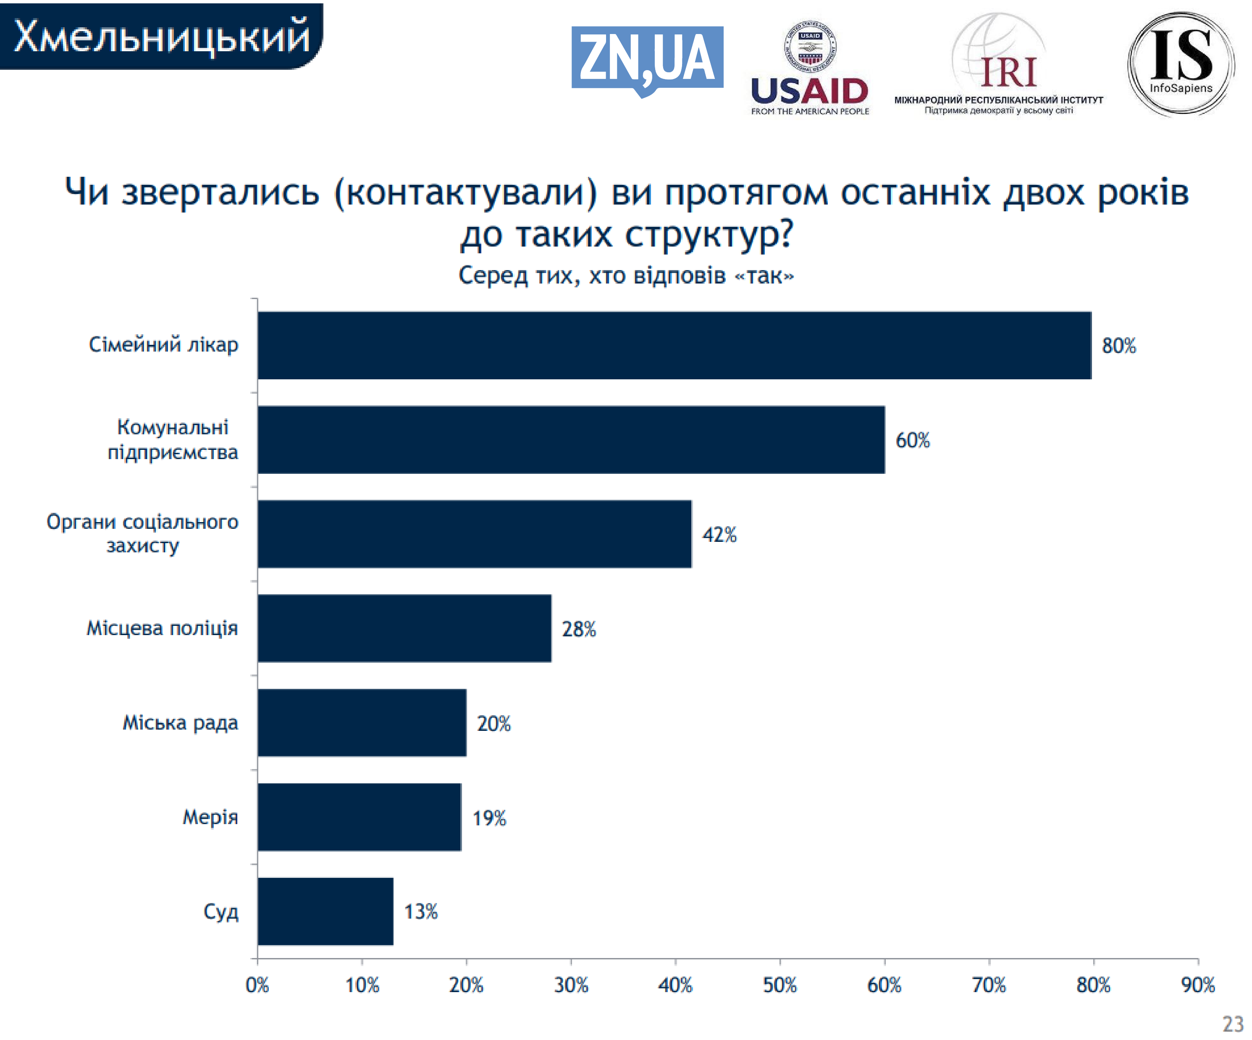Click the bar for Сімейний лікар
pos(674,345)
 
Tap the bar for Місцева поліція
pos(404,628)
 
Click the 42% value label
pos(719,534)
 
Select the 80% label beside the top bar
pos(1118,345)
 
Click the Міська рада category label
pos(180,723)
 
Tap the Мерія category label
pos(210,817)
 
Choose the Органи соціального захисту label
pos(142,533)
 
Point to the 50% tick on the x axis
pos(780,985)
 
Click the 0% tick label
pos(257,985)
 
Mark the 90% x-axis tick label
pos(1198,985)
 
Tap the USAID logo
pos(810,68)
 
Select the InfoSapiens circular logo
pos(1181,63)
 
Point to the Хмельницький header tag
pos(161,36)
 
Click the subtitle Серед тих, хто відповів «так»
pos(626,276)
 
